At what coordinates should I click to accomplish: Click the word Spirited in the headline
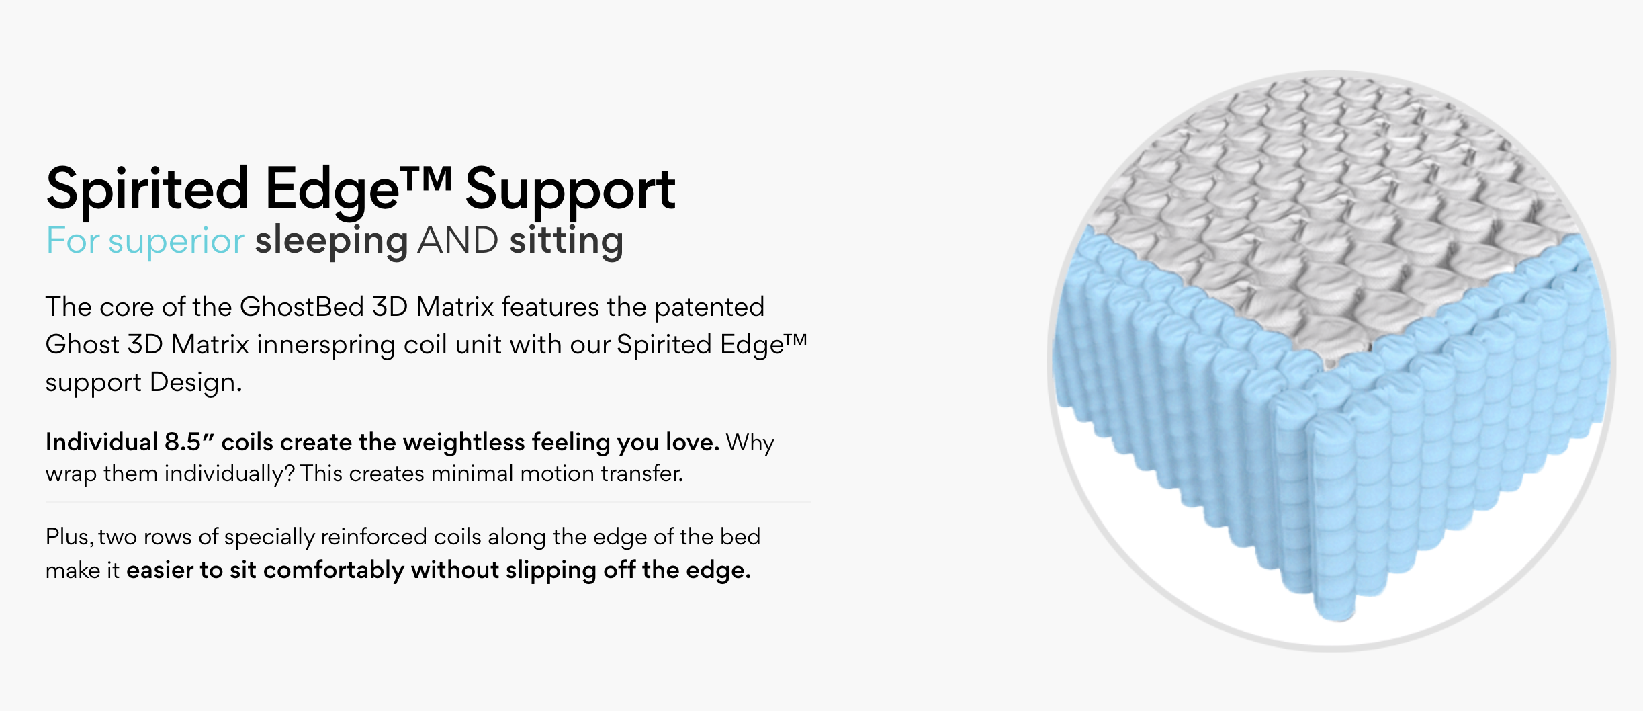pos(147,190)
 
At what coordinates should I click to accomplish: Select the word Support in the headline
pos(570,190)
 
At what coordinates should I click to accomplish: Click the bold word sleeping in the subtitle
pos(331,241)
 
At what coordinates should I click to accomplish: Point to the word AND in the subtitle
pos(457,241)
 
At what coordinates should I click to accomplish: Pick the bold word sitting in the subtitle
pos(566,241)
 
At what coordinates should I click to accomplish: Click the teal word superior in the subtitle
pos(176,241)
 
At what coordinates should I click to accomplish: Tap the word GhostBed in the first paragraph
pos(302,307)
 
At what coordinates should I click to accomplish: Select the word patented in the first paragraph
pos(709,307)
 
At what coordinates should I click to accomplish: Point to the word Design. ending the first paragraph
pos(195,382)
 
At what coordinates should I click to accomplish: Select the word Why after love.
pos(750,442)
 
